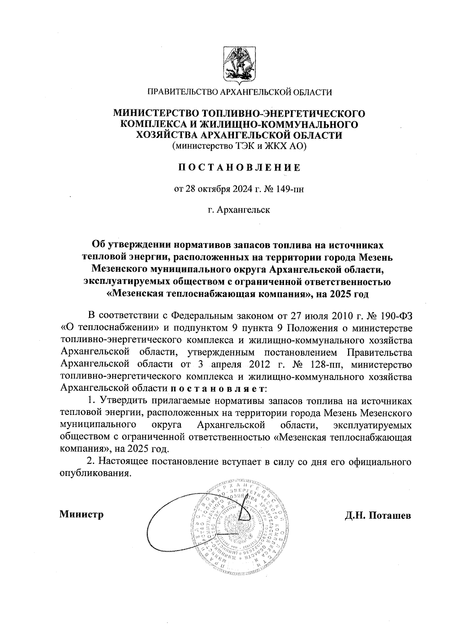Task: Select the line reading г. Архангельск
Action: [239, 210]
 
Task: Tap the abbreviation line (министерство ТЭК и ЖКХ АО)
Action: [239, 147]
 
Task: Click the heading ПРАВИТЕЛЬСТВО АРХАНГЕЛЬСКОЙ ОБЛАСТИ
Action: [239, 92]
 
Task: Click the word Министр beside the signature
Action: [82, 515]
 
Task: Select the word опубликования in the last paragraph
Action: [96, 474]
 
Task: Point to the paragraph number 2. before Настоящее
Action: [91, 462]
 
